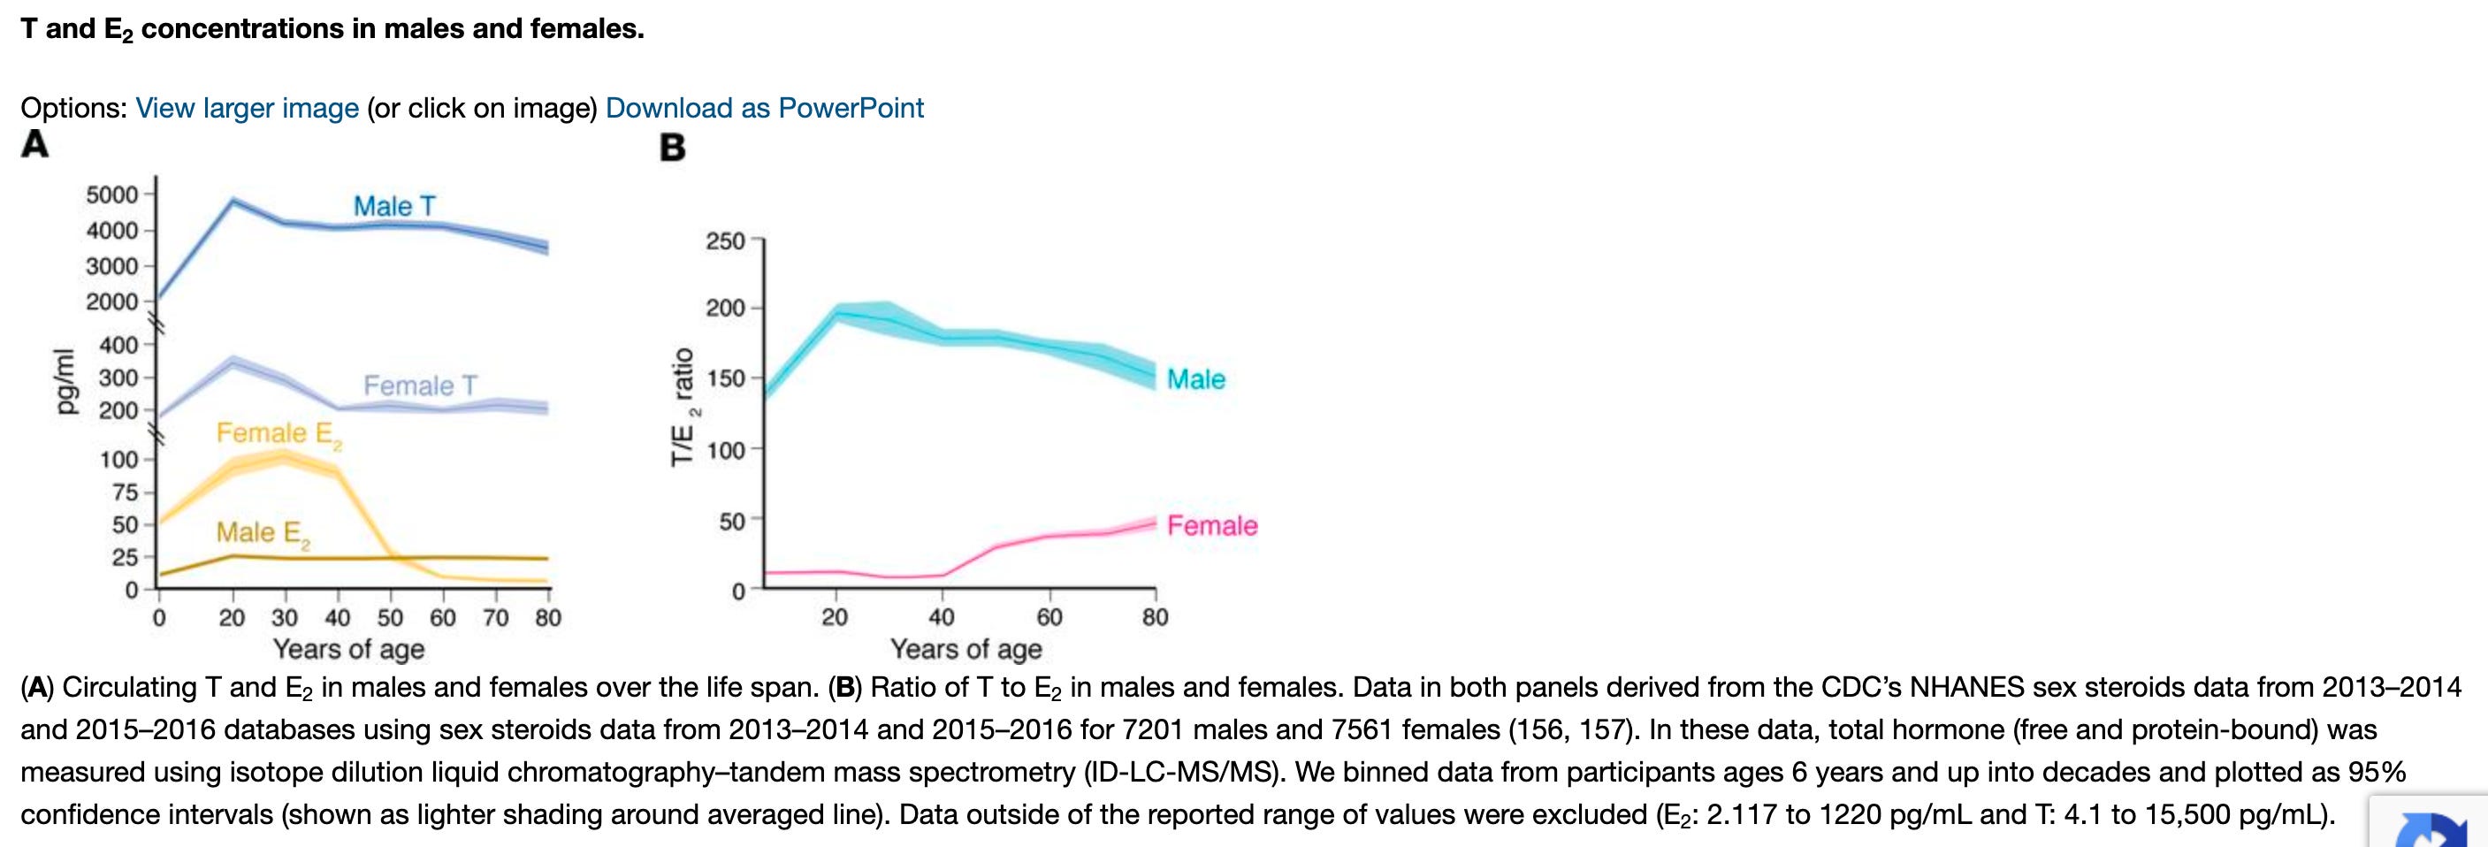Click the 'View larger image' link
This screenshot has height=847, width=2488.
[248, 108]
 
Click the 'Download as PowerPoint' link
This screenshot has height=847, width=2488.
[764, 108]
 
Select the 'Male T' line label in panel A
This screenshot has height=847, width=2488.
[394, 206]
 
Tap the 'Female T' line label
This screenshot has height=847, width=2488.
[420, 385]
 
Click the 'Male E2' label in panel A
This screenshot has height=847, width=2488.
[263, 533]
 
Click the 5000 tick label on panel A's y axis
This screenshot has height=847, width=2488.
[112, 195]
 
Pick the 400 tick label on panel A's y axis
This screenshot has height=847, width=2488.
[118, 345]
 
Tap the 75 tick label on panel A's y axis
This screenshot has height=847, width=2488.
[126, 492]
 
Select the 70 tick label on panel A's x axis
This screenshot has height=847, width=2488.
[495, 617]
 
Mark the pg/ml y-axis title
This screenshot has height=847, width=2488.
[64, 380]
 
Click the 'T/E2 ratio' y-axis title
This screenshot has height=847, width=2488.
[683, 407]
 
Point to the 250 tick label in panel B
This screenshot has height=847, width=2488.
[725, 240]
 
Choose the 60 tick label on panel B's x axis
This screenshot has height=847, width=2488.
[1049, 617]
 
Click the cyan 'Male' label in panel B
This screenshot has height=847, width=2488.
[1195, 379]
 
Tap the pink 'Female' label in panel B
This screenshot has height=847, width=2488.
[1212, 525]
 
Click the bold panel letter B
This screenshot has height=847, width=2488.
[672, 148]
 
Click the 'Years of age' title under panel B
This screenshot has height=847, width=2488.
[965, 649]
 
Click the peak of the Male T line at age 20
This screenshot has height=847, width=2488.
[233, 200]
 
